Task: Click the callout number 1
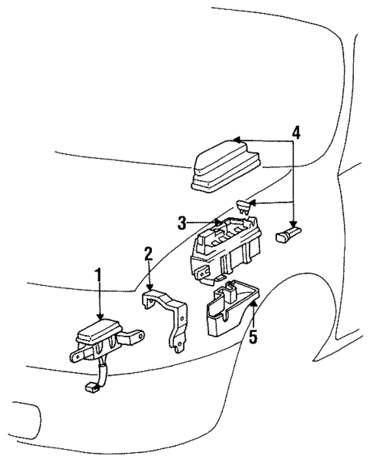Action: click(98, 273)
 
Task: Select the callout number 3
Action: click(181, 223)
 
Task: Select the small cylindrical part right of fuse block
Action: click(289, 233)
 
